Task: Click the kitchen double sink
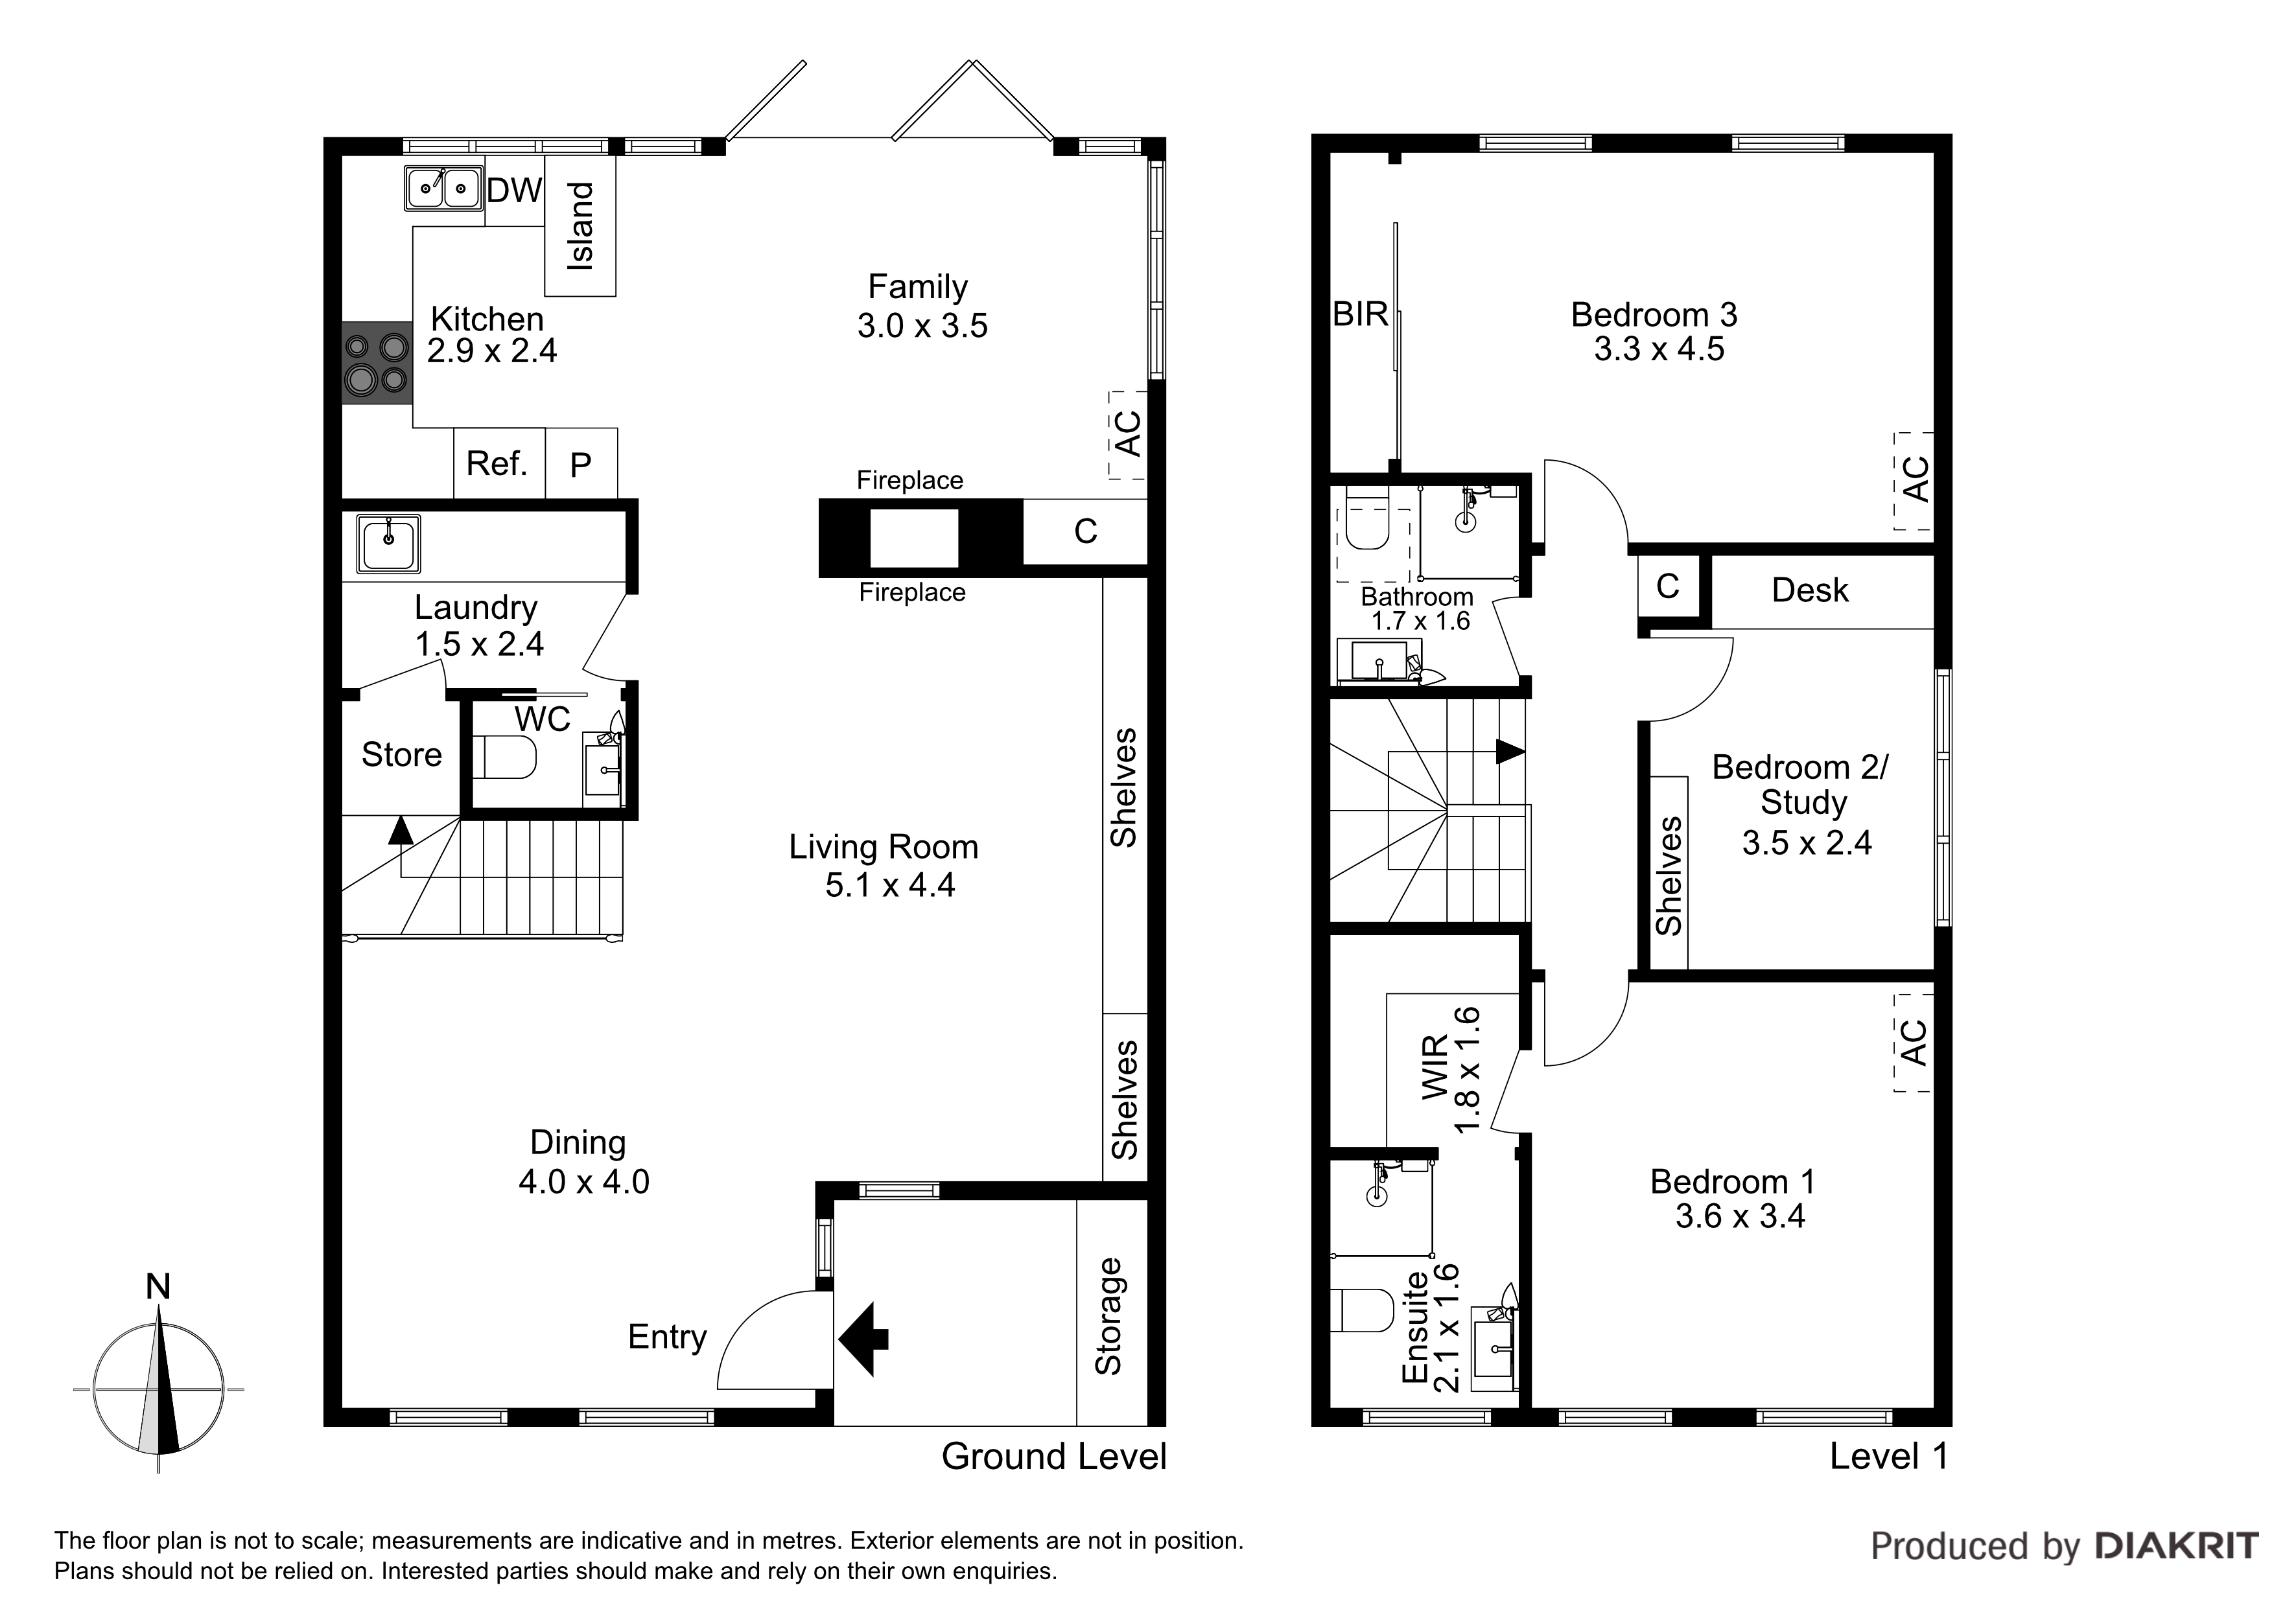tap(443, 188)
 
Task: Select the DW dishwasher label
tap(515, 190)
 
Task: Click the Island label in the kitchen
tap(580, 225)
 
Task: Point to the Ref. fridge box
tap(499, 463)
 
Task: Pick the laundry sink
tap(389, 544)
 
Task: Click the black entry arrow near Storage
tap(863, 1339)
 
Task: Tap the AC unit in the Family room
tap(1127, 435)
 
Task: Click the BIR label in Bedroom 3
tap(1360, 315)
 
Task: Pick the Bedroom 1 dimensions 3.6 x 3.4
tap(1740, 1216)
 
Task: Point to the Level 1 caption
tap(1889, 1455)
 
